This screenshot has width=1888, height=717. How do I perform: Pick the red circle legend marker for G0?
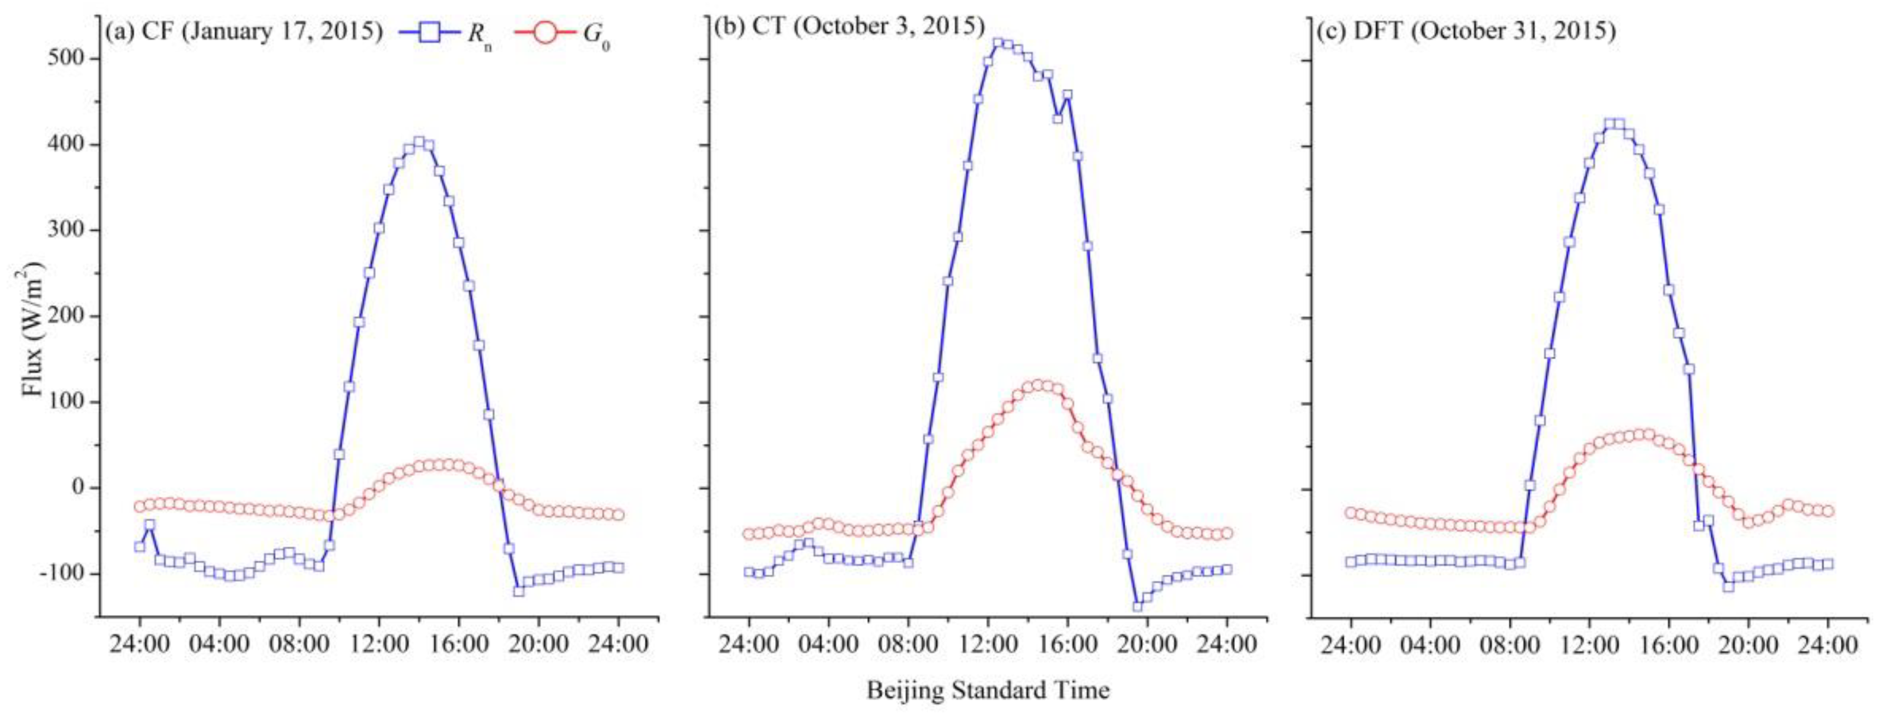click(544, 32)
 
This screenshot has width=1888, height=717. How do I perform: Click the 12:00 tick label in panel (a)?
click(379, 644)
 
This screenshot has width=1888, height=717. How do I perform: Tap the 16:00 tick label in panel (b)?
click(1067, 644)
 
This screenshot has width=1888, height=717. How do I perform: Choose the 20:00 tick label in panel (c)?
click(1748, 644)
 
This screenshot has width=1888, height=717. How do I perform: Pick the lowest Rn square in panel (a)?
click(519, 590)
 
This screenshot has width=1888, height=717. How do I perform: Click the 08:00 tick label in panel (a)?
click(299, 644)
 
